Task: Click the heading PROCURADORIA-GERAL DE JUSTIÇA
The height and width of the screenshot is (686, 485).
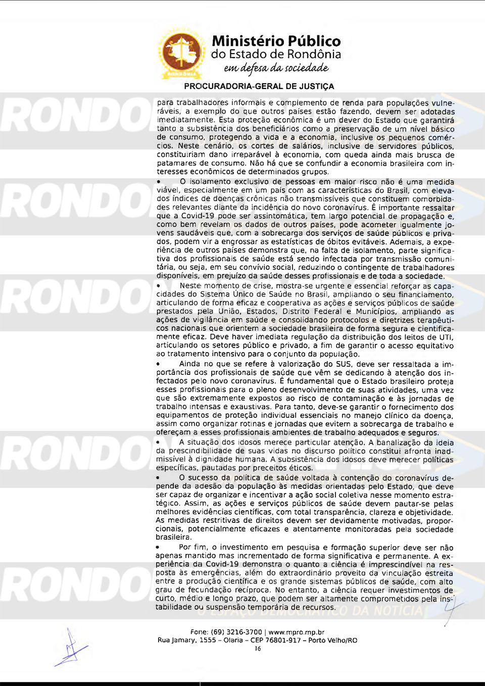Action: tap(259, 86)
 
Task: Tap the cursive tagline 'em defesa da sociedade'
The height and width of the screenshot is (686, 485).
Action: tap(276, 68)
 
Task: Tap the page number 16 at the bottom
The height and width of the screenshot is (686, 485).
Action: tap(258, 649)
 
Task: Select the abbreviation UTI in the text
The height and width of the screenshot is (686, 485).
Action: tap(447, 337)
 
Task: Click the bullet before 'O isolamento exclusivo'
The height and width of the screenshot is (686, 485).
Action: tap(159, 182)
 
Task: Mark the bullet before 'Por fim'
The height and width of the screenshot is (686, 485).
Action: tap(159, 548)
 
